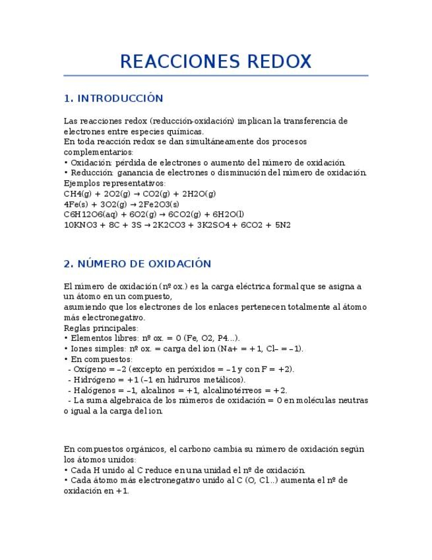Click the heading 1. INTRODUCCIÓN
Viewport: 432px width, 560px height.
pos(113,98)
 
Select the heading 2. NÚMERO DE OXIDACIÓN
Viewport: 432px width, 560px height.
pos(137,263)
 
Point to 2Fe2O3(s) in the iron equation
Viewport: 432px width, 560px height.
pos(158,204)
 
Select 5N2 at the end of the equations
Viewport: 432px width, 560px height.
pos(282,225)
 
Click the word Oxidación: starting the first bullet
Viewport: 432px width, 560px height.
pos(91,162)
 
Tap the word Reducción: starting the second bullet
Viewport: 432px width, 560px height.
pos(91,173)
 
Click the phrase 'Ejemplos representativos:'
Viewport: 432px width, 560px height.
pos(115,184)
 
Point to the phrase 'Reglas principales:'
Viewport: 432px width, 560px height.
pos(101,328)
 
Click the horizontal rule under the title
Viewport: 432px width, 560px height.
pos(216,75)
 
